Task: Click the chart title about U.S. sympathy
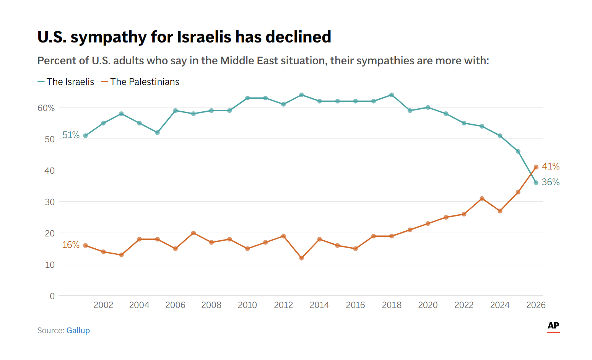[x=184, y=37]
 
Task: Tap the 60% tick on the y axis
[x=46, y=108]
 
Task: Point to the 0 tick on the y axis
[x=52, y=296]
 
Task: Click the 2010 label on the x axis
[x=247, y=305]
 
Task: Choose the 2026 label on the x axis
[x=535, y=305]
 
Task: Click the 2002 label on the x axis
[x=103, y=305]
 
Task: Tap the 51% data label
[x=71, y=135]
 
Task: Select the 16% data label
[x=71, y=245]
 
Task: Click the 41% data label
[x=551, y=166]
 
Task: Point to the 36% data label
[x=551, y=182]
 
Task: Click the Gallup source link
[x=78, y=331]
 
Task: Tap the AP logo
[x=553, y=326]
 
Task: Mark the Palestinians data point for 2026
[x=536, y=167]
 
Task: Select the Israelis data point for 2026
[x=536, y=183]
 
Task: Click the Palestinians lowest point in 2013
[x=301, y=258]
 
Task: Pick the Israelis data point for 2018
[x=392, y=95]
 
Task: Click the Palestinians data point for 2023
[x=482, y=199]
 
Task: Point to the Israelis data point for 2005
[x=157, y=133]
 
